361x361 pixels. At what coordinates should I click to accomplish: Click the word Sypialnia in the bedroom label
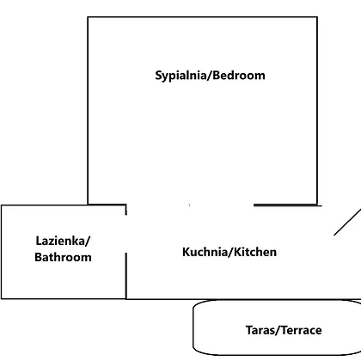pos(180,76)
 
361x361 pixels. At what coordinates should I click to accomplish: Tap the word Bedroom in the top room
pos(239,75)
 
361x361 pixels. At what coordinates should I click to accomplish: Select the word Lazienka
pos(61,241)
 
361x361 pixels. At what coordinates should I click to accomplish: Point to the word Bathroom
pos(63,257)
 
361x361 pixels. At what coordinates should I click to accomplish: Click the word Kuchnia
pos(205,252)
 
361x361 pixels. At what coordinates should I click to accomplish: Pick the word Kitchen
pos(255,252)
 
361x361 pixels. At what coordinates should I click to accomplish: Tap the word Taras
pos(260,330)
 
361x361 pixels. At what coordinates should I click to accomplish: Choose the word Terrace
pos(301,330)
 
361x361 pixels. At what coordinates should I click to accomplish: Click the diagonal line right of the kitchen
pos(347,223)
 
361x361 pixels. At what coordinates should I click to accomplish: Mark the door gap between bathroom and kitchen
pos(126,234)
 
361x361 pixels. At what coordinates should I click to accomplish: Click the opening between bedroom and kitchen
pos(190,205)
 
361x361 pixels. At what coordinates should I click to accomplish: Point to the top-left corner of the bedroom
pos(88,17)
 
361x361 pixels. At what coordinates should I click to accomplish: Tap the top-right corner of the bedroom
pos(317,17)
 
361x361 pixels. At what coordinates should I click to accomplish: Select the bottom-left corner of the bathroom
pos(2,299)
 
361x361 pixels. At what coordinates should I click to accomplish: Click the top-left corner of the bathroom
pos(2,205)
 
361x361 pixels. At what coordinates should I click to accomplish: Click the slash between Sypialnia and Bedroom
pos(209,76)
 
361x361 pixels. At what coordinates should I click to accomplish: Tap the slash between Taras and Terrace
pos(277,331)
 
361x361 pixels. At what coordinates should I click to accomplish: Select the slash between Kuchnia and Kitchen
pos(230,253)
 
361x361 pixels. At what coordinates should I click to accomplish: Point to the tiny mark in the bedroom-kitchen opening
pos(189,205)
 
